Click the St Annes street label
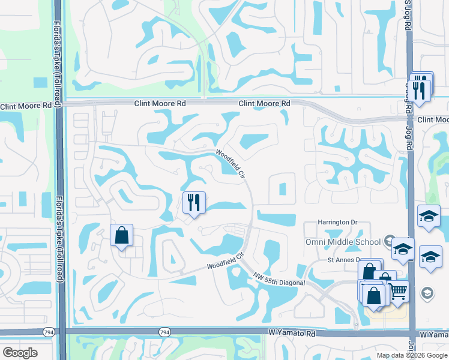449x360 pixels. [343, 260]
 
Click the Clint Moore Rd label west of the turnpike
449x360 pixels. [26, 106]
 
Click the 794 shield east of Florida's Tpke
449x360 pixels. [164, 332]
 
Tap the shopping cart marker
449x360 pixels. [397, 292]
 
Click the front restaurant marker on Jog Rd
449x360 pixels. [418, 91]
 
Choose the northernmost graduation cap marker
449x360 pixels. [429, 216]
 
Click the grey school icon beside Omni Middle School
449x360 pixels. [389, 241]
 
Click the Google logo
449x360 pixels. [20, 353]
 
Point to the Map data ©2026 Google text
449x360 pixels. [411, 355]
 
